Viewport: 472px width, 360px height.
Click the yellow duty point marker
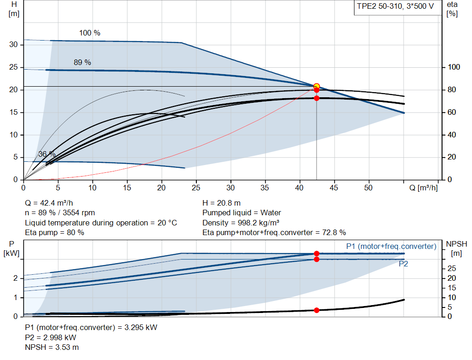tap(316, 86)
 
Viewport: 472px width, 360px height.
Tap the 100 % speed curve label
tap(89, 33)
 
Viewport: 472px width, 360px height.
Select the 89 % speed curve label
tap(83, 62)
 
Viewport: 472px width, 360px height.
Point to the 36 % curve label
tap(47, 154)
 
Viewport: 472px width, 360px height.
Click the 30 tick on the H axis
tap(14, 45)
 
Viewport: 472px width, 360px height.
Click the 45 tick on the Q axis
tap(334, 188)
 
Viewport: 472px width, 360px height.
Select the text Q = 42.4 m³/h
tap(49, 203)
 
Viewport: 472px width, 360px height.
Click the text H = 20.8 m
tap(221, 203)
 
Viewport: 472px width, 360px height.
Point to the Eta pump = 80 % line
tap(54, 232)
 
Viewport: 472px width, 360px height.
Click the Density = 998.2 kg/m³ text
tap(241, 223)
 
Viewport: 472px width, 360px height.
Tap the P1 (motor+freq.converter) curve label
tap(391, 247)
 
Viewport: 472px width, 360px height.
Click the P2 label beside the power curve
tap(403, 264)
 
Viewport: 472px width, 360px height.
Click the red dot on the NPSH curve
tap(317, 310)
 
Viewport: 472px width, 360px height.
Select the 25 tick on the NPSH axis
tap(452, 268)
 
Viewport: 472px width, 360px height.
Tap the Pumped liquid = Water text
tap(242, 213)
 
